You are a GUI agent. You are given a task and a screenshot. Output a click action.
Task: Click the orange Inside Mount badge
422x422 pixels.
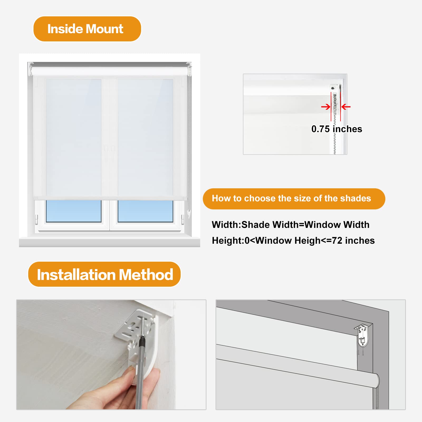[x=87, y=29]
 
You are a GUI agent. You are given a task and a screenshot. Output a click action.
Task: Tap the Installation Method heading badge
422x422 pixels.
[x=104, y=274]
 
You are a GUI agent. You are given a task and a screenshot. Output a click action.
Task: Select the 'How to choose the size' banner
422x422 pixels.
[x=294, y=199]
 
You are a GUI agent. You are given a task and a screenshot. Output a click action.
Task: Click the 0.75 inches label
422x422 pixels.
[x=337, y=129]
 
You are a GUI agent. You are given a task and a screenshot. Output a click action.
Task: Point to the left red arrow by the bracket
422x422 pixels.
[x=326, y=107]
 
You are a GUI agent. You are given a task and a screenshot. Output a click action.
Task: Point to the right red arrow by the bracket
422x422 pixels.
[x=346, y=107]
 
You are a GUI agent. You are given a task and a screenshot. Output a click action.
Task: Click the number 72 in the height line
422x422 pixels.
[x=337, y=241]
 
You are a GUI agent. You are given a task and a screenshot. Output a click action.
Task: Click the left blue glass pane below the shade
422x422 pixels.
[x=74, y=211]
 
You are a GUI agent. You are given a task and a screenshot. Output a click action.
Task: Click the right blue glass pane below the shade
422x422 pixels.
[x=145, y=211]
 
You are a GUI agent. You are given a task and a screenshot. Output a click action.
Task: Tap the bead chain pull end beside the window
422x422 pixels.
[x=189, y=214]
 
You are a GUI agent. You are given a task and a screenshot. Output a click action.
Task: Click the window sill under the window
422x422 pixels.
[x=109, y=242]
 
